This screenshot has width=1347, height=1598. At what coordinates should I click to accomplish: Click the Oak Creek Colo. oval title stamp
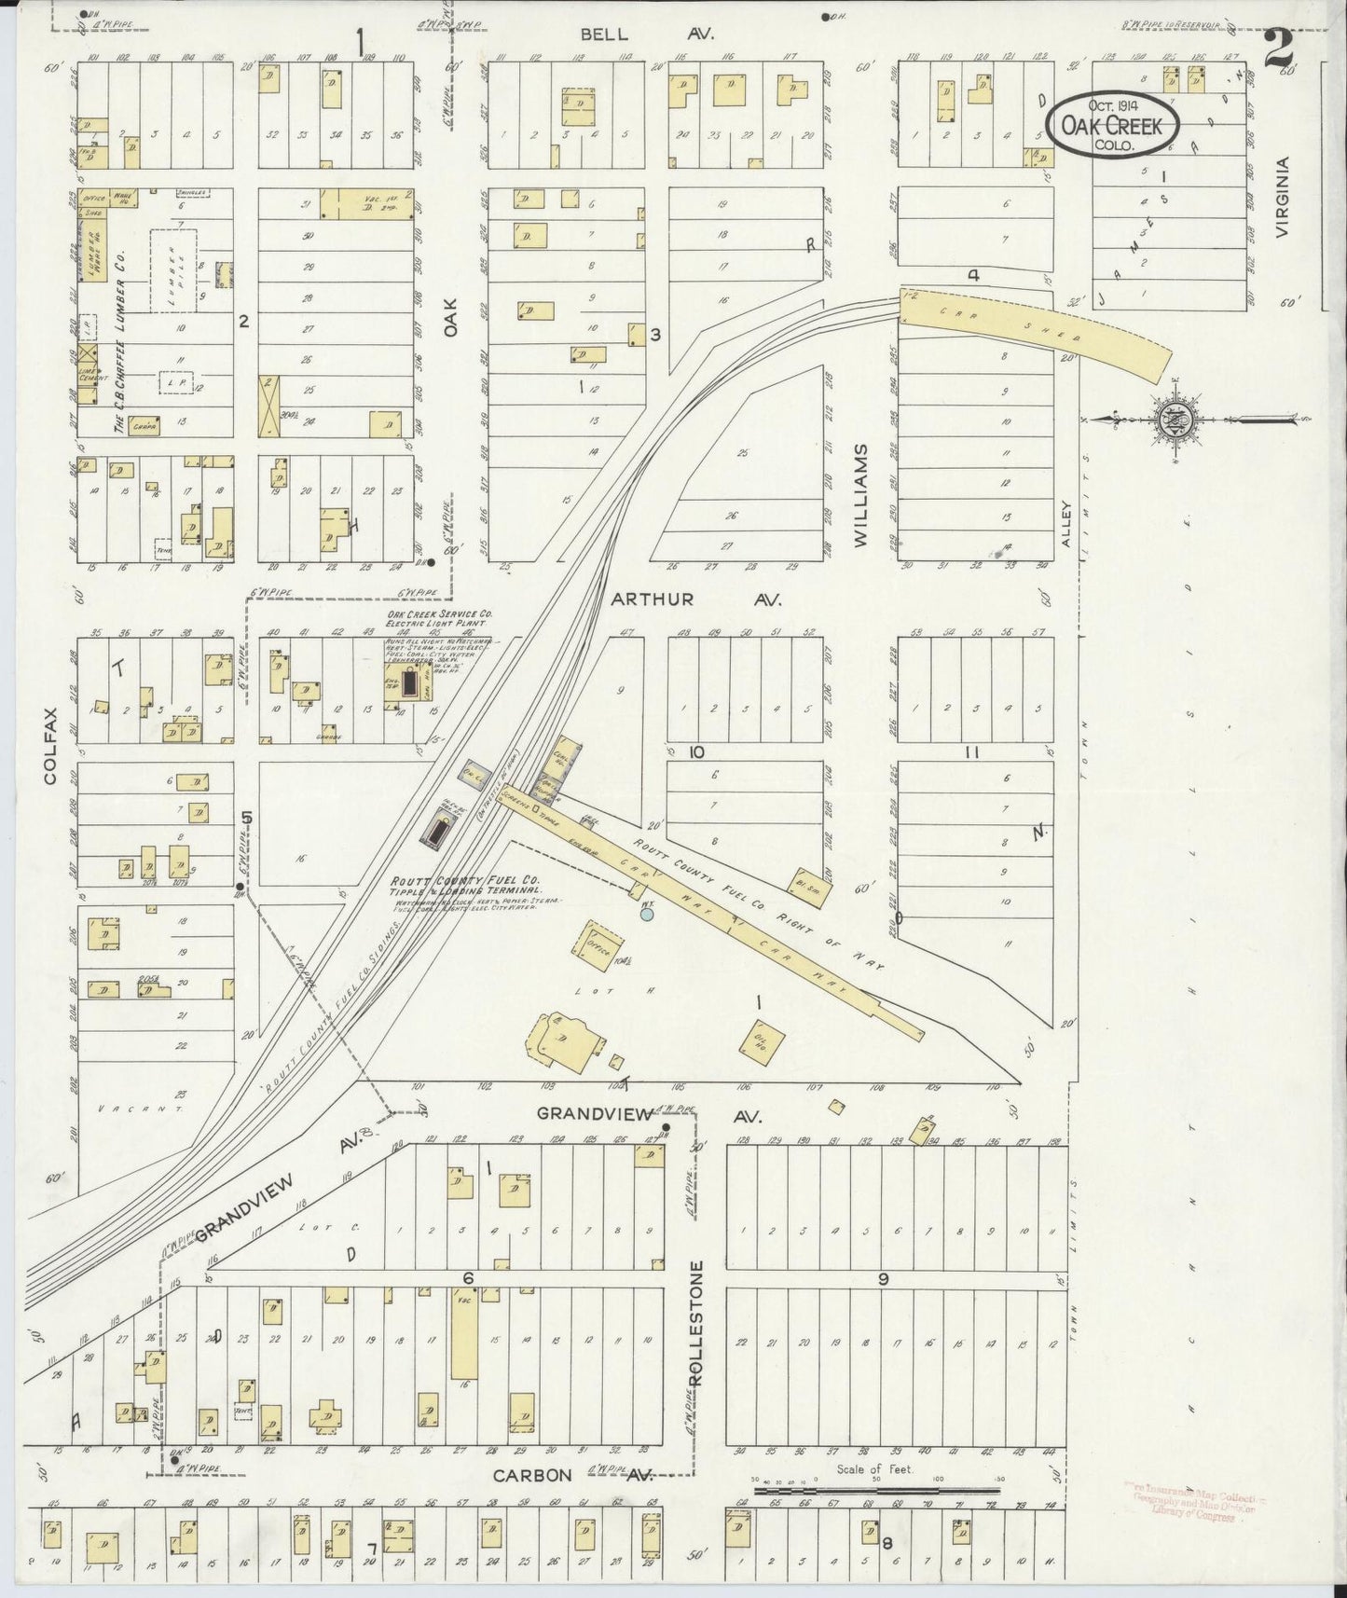click(x=1112, y=124)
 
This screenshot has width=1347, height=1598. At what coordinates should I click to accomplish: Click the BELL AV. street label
click(x=647, y=34)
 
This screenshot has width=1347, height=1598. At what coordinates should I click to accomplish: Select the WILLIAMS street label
click(x=859, y=494)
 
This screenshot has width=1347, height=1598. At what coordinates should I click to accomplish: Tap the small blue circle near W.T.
click(x=647, y=915)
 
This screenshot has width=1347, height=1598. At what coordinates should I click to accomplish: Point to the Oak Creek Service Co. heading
click(x=439, y=615)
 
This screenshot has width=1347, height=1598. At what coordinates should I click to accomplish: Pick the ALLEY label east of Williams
click(x=1066, y=523)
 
